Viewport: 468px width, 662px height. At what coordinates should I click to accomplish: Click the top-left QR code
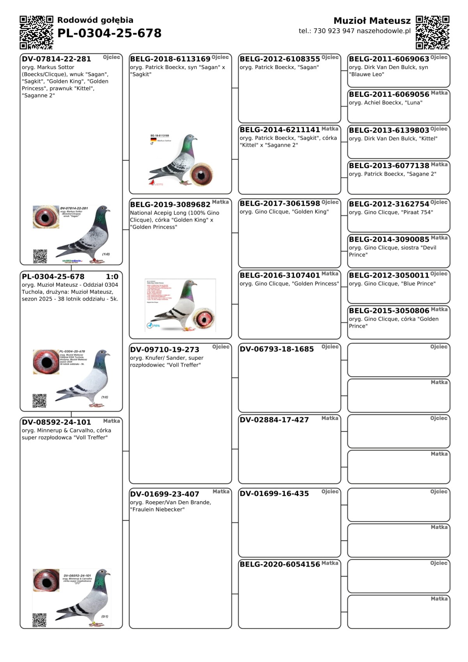pyautogui.click(x=36, y=32)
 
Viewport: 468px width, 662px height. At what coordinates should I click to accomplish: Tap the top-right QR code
pyautogui.click(x=433, y=32)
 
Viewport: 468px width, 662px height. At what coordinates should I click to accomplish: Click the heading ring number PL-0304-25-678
pyautogui.click(x=109, y=33)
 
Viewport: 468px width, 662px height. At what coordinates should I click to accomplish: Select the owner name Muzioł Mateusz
pyautogui.click(x=372, y=21)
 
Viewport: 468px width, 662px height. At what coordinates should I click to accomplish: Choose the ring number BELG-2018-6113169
pyautogui.click(x=170, y=59)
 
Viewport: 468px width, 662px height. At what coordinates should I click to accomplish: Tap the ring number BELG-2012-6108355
pyautogui.click(x=280, y=59)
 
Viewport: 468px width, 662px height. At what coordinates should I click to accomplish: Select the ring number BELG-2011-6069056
pyautogui.click(x=389, y=94)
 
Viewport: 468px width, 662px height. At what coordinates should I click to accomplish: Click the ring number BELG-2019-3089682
pyautogui.click(x=170, y=204)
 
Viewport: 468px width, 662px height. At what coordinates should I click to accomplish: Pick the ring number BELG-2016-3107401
pyautogui.click(x=280, y=275)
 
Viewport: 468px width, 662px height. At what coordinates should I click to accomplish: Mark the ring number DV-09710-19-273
pyautogui.click(x=165, y=350)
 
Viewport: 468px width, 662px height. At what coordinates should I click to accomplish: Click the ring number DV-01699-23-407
pyautogui.click(x=165, y=494)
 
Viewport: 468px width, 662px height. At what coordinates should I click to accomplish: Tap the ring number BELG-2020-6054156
pyautogui.click(x=280, y=564)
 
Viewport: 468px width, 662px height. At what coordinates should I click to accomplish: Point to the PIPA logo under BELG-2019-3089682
pyautogui.click(x=153, y=325)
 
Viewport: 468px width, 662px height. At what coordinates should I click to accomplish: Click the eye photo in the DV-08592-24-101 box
pyautogui.click(x=46, y=580)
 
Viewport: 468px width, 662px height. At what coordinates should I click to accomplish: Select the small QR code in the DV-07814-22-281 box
pyautogui.click(x=40, y=256)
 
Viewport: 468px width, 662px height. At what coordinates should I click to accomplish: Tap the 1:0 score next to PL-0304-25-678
pyautogui.click(x=112, y=277)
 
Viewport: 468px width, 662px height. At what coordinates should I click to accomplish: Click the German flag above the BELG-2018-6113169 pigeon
pyautogui.click(x=153, y=140)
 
